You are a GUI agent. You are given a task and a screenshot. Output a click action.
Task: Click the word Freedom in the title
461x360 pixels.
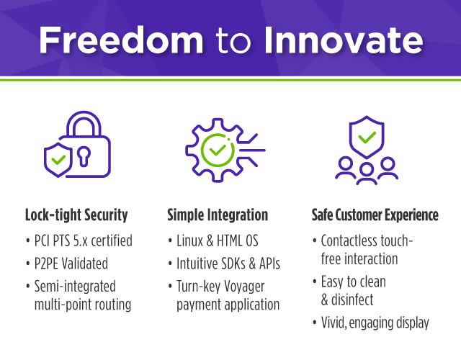121,40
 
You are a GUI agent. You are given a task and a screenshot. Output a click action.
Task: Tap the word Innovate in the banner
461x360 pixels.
344,40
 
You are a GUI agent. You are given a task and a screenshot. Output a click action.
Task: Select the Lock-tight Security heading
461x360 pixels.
76,215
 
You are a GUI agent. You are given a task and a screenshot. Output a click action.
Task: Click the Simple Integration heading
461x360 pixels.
218,215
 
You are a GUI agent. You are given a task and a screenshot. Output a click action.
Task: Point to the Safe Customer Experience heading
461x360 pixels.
375,215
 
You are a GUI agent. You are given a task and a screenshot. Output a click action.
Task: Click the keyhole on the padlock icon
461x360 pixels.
84,156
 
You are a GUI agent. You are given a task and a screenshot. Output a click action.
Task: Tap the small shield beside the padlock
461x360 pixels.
58,160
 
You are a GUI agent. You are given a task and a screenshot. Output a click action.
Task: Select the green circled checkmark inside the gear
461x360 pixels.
218,150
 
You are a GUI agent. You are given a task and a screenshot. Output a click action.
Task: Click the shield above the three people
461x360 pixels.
367,137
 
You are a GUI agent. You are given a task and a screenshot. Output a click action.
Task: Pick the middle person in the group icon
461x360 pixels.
367,174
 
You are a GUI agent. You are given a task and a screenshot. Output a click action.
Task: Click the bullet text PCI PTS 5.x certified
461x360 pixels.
84,240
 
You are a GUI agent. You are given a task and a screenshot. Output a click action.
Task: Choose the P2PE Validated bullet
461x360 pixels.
71,264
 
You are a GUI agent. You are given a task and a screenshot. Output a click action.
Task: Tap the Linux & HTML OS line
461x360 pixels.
218,240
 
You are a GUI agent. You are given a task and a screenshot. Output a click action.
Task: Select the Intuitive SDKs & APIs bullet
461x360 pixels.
228,264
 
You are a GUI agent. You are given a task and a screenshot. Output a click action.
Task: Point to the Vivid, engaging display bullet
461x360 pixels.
375,323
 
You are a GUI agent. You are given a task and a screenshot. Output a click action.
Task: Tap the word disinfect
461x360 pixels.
352,300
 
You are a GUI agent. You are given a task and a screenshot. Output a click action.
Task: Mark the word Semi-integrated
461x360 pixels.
75,287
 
